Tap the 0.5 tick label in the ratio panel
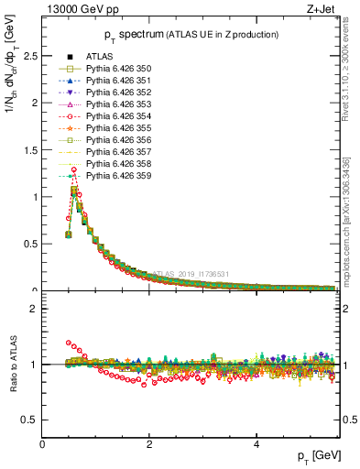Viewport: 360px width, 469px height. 30,420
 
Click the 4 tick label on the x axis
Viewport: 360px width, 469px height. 256,444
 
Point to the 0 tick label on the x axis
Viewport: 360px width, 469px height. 43,444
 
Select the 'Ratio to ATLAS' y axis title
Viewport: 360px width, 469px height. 12,365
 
